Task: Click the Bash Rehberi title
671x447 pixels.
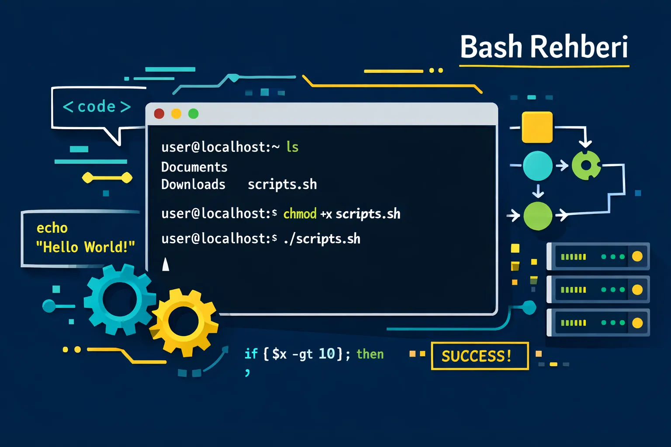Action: tap(544, 47)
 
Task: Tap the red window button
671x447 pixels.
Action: tap(159, 114)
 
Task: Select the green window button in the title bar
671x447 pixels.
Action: tap(193, 114)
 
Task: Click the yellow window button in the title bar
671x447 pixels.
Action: tap(176, 114)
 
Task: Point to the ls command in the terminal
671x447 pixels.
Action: tap(292, 147)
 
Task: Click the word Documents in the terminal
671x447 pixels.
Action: tap(194, 167)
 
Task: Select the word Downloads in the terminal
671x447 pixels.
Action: tap(193, 185)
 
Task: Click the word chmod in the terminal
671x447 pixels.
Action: tap(300, 214)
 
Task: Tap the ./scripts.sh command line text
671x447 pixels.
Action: tap(322, 239)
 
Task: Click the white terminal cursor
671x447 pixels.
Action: tap(166, 265)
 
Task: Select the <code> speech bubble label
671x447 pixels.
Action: tap(97, 107)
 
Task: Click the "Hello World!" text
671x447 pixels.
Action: tap(85, 247)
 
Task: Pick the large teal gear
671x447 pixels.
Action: tap(119, 299)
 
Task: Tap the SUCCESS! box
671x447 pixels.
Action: tap(479, 356)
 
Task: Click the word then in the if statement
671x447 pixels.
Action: tap(370, 354)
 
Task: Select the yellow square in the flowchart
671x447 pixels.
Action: tap(537, 127)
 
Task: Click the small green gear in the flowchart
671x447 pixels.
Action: tap(586, 165)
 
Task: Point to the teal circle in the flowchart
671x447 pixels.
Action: tap(537, 166)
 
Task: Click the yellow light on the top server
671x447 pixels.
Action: tap(637, 256)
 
